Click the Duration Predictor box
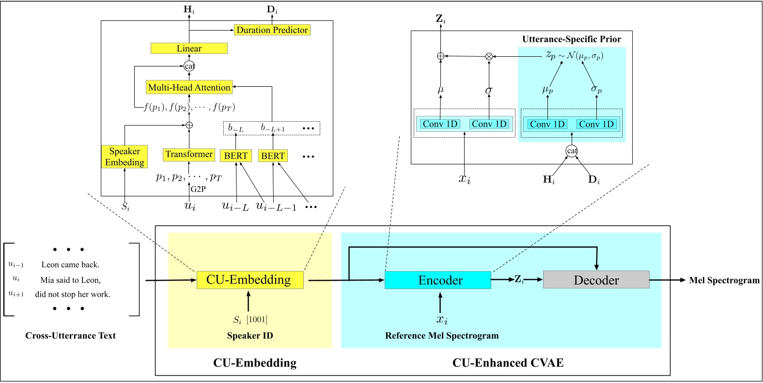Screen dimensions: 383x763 272,30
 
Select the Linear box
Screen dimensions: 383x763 189,48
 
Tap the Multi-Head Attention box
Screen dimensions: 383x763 189,87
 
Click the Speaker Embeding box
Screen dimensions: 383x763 125,157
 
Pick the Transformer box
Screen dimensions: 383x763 189,155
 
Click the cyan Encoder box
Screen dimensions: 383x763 437,280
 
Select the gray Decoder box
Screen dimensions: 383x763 596,280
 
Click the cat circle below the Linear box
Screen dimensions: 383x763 189,66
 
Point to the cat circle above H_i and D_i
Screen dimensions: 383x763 572,151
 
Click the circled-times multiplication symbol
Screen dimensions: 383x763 489,56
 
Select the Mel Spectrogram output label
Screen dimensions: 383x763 724,280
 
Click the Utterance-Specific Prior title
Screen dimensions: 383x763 571,39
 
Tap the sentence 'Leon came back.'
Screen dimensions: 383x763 70,265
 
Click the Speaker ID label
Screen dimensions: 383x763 250,335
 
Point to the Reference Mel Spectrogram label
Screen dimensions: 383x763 441,335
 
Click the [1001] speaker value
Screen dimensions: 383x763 257,319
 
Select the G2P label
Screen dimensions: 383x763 198,189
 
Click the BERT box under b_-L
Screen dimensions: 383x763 236,156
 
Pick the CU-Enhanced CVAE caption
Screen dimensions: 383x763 508,363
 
